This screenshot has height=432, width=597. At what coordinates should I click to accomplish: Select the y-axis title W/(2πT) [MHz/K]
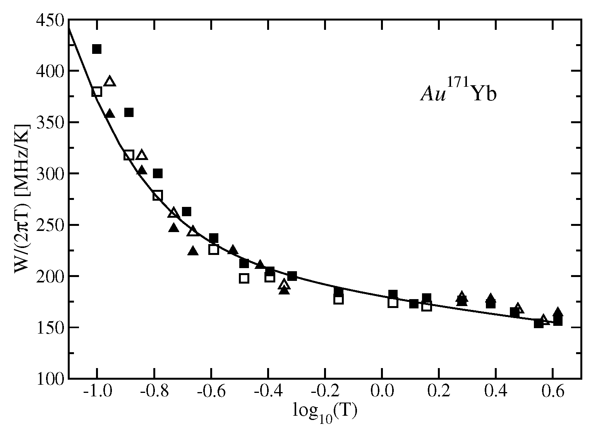point(22,199)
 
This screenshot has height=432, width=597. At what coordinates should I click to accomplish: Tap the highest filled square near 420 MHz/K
point(97,49)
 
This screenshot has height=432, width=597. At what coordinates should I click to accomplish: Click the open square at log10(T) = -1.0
point(97,92)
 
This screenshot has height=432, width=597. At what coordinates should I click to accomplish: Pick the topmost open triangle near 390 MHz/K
point(110,81)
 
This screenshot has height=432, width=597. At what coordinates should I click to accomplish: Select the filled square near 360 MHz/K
point(129,112)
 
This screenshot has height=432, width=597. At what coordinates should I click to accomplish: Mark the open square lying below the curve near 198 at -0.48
point(244,278)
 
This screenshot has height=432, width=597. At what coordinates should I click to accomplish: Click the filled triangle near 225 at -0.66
point(193,251)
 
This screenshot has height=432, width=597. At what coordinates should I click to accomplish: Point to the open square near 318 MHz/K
point(129,155)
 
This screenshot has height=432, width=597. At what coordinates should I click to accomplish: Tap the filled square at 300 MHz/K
point(158,174)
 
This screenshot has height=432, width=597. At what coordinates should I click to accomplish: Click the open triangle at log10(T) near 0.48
point(518,308)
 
